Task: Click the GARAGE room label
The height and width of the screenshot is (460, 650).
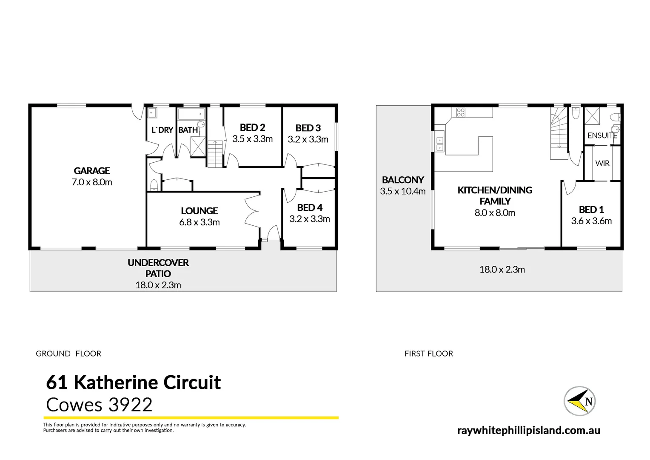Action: coord(92,171)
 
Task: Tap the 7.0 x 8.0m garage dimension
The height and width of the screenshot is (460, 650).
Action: coord(92,182)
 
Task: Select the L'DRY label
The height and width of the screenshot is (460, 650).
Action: coord(162,130)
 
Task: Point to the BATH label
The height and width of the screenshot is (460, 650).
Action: coord(188,130)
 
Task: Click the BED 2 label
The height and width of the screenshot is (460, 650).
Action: coord(252,127)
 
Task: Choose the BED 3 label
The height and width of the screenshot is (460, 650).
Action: coord(308,128)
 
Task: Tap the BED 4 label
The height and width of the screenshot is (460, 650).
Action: coord(310,207)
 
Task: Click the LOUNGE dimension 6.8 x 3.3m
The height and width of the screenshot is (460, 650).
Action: coord(200,222)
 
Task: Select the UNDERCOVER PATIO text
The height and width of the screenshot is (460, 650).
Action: coord(158,268)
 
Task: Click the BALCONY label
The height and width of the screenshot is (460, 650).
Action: coord(403,180)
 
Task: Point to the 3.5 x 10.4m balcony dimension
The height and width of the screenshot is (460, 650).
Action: coord(403,191)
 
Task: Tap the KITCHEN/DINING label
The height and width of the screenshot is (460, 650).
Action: coord(495,190)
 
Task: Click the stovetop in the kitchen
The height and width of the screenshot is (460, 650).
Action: coord(461,112)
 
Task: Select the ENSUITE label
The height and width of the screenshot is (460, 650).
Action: coord(602,135)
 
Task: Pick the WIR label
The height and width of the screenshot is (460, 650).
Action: coord(602,163)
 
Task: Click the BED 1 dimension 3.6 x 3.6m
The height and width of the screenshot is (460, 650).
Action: coord(591,221)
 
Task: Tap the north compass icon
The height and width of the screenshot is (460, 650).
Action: coord(579,401)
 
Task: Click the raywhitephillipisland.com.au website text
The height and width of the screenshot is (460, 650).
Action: coord(529,430)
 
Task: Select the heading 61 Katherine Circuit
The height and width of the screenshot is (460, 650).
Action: coord(133,382)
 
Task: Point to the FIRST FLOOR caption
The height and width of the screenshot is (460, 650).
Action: coord(428,354)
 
